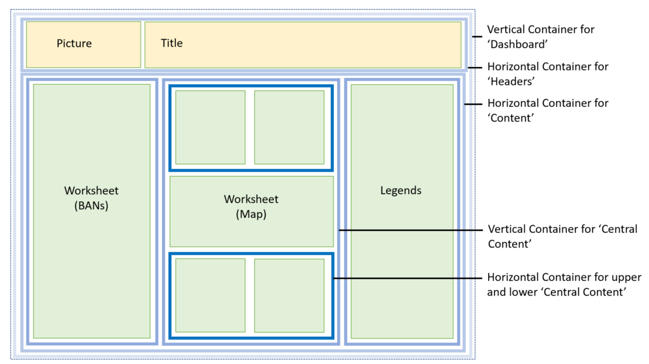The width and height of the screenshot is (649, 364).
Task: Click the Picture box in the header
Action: coord(83,44)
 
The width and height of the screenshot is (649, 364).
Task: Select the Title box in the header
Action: coord(303,44)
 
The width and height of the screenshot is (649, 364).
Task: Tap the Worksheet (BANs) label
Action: coord(91,198)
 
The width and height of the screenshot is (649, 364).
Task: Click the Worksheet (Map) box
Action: coord(252,211)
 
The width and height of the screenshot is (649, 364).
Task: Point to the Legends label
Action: coord(401,191)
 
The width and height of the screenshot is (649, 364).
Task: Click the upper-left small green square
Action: coord(210,127)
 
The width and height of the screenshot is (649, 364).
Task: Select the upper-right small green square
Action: coord(289,127)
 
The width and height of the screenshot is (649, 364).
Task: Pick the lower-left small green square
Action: coord(210,295)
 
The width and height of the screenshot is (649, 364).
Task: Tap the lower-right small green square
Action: coord(289,295)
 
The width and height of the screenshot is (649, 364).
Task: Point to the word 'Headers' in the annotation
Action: coord(511,81)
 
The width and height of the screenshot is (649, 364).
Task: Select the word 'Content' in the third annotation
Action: coord(511,118)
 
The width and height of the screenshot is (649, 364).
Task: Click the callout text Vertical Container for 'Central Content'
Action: coord(562,236)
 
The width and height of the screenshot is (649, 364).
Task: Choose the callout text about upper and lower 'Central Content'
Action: coord(563,285)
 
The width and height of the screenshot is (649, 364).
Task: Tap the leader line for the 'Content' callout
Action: coord(473,103)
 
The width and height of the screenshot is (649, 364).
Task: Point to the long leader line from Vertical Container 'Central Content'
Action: coord(412,230)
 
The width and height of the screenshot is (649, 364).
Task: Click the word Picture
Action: coord(74,44)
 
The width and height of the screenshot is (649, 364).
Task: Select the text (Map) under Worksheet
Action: coord(252,215)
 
